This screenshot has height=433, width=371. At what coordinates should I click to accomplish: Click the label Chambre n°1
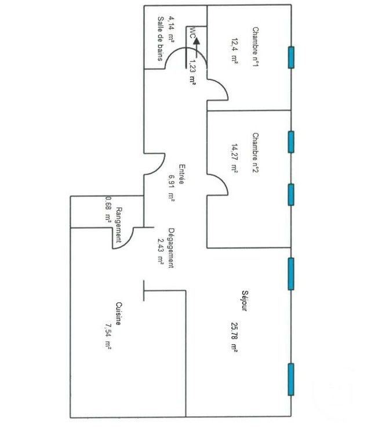(256, 46)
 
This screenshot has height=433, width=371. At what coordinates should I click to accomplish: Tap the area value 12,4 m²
(235, 51)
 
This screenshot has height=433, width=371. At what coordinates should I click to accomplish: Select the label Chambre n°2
(256, 153)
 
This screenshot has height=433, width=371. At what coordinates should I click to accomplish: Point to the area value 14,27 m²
(235, 158)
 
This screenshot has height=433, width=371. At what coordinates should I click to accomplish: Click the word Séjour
(245, 301)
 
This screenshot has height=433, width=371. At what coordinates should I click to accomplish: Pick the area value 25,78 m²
(234, 337)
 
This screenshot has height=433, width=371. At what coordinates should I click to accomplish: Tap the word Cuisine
(119, 313)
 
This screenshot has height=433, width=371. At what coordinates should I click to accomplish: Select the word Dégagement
(171, 248)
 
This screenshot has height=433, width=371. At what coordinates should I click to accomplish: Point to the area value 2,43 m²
(160, 251)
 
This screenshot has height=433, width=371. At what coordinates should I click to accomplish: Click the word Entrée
(182, 174)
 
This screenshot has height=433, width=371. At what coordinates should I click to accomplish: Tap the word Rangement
(119, 225)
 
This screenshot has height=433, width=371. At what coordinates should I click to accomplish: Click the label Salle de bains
(160, 39)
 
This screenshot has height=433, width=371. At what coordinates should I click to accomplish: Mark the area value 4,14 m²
(171, 29)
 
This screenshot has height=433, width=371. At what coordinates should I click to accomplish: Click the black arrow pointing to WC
(197, 48)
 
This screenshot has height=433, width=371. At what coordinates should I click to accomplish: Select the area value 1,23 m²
(192, 73)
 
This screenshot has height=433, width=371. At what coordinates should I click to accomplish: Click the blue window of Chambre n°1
(291, 57)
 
